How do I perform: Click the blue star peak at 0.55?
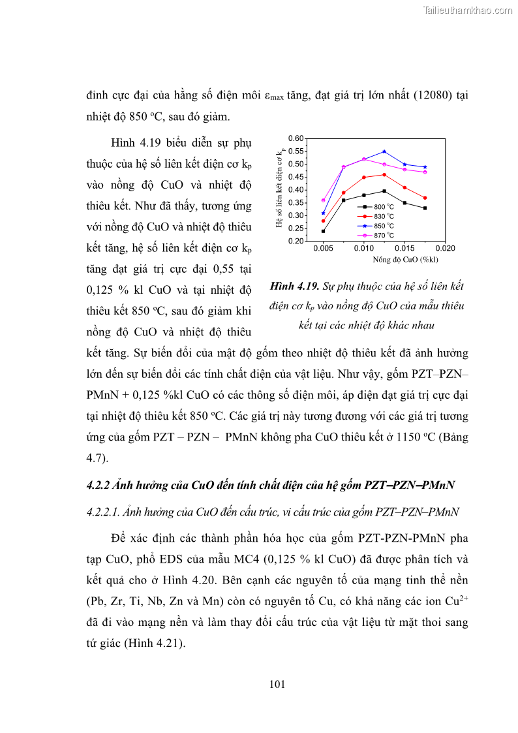pos(384,151)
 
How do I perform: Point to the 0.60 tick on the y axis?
pos(296,138)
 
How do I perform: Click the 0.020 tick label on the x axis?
pos(445,249)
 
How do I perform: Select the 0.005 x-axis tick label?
pos(323,249)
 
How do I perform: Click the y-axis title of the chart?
pos(281,189)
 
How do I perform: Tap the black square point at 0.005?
pos(323,231)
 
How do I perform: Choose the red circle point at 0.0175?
pos(425,198)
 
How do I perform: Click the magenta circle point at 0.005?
pos(323,200)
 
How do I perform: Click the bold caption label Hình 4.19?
pos(293,287)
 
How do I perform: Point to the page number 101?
pos(277,684)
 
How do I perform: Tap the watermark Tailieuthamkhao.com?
pos(468,10)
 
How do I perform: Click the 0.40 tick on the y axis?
pos(296,190)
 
